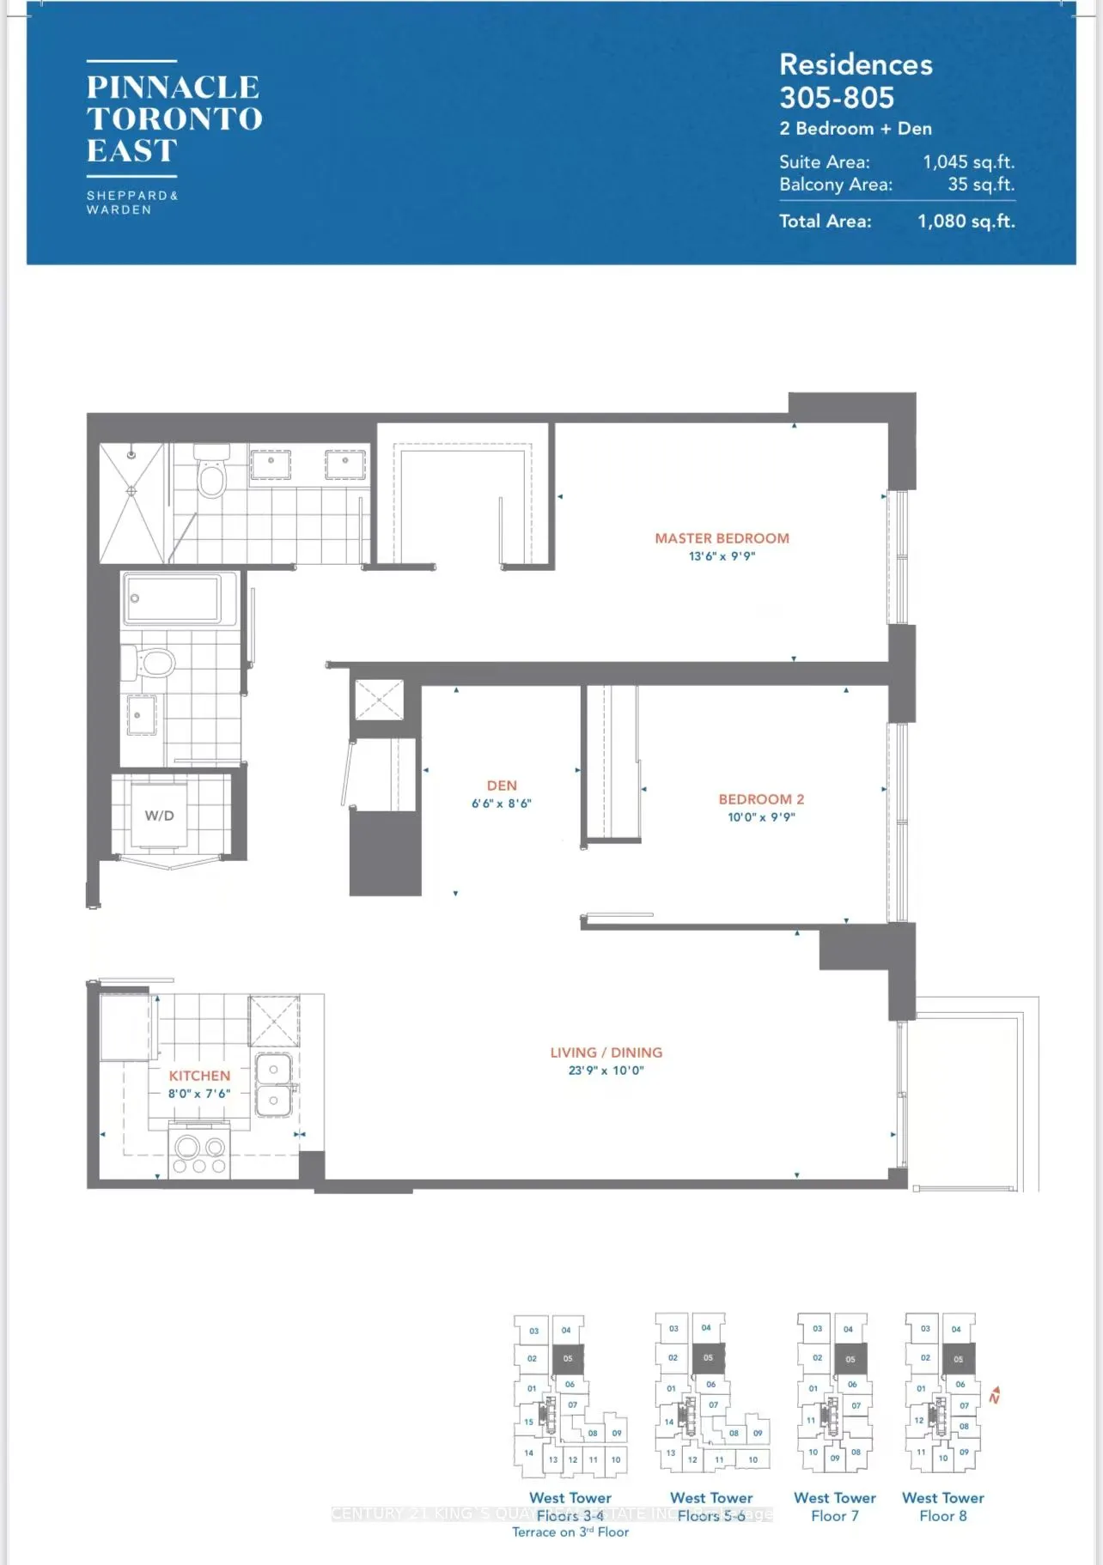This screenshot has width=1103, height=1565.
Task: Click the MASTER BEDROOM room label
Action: [x=722, y=538]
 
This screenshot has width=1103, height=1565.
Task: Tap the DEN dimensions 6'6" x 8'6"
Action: [x=502, y=804]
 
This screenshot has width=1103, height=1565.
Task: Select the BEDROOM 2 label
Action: [x=761, y=799]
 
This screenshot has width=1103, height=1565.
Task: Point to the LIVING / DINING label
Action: [x=606, y=1052]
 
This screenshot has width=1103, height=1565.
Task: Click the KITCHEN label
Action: [x=199, y=1076]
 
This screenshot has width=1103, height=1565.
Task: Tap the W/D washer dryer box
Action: [x=160, y=816]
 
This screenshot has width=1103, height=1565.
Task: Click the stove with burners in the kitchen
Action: [x=199, y=1154]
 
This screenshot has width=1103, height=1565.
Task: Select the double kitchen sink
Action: [x=274, y=1085]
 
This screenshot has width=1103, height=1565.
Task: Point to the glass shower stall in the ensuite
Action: [x=131, y=502]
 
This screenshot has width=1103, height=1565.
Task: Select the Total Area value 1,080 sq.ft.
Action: [x=966, y=221]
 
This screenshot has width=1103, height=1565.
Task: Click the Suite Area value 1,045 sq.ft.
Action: [x=968, y=162]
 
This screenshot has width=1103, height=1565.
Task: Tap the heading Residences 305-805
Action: [x=855, y=81]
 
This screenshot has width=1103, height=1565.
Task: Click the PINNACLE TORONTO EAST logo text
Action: [x=174, y=118]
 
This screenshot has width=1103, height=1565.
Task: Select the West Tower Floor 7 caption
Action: [x=834, y=1507]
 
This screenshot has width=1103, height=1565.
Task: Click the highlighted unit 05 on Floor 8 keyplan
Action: [x=958, y=1359]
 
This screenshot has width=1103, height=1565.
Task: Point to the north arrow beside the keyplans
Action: [x=995, y=1395]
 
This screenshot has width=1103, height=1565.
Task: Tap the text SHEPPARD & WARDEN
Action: [x=131, y=203]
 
